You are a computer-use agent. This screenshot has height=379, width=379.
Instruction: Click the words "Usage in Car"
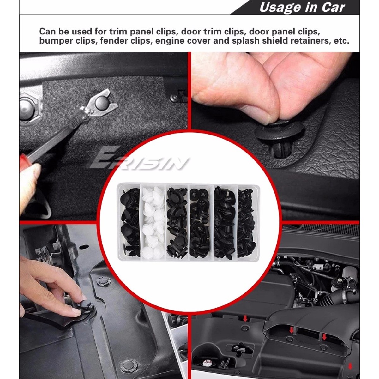click(302, 8)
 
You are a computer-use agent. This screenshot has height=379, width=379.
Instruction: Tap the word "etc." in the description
click(341, 41)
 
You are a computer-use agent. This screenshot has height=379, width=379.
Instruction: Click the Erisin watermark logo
click(138, 160)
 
